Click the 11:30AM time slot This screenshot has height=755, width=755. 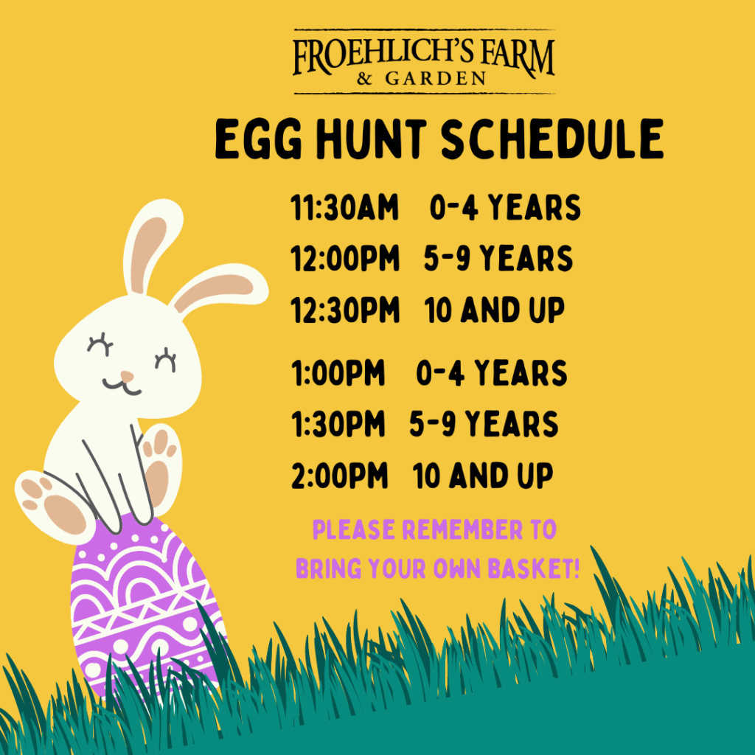345,209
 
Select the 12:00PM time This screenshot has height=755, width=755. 345,259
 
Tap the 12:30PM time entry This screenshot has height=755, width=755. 345,310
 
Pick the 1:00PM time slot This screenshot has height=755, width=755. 338,373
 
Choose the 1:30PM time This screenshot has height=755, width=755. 338,424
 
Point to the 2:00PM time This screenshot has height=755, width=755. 339,476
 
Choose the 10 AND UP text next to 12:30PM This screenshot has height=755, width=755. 495,310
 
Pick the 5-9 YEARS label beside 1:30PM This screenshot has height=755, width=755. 484,424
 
